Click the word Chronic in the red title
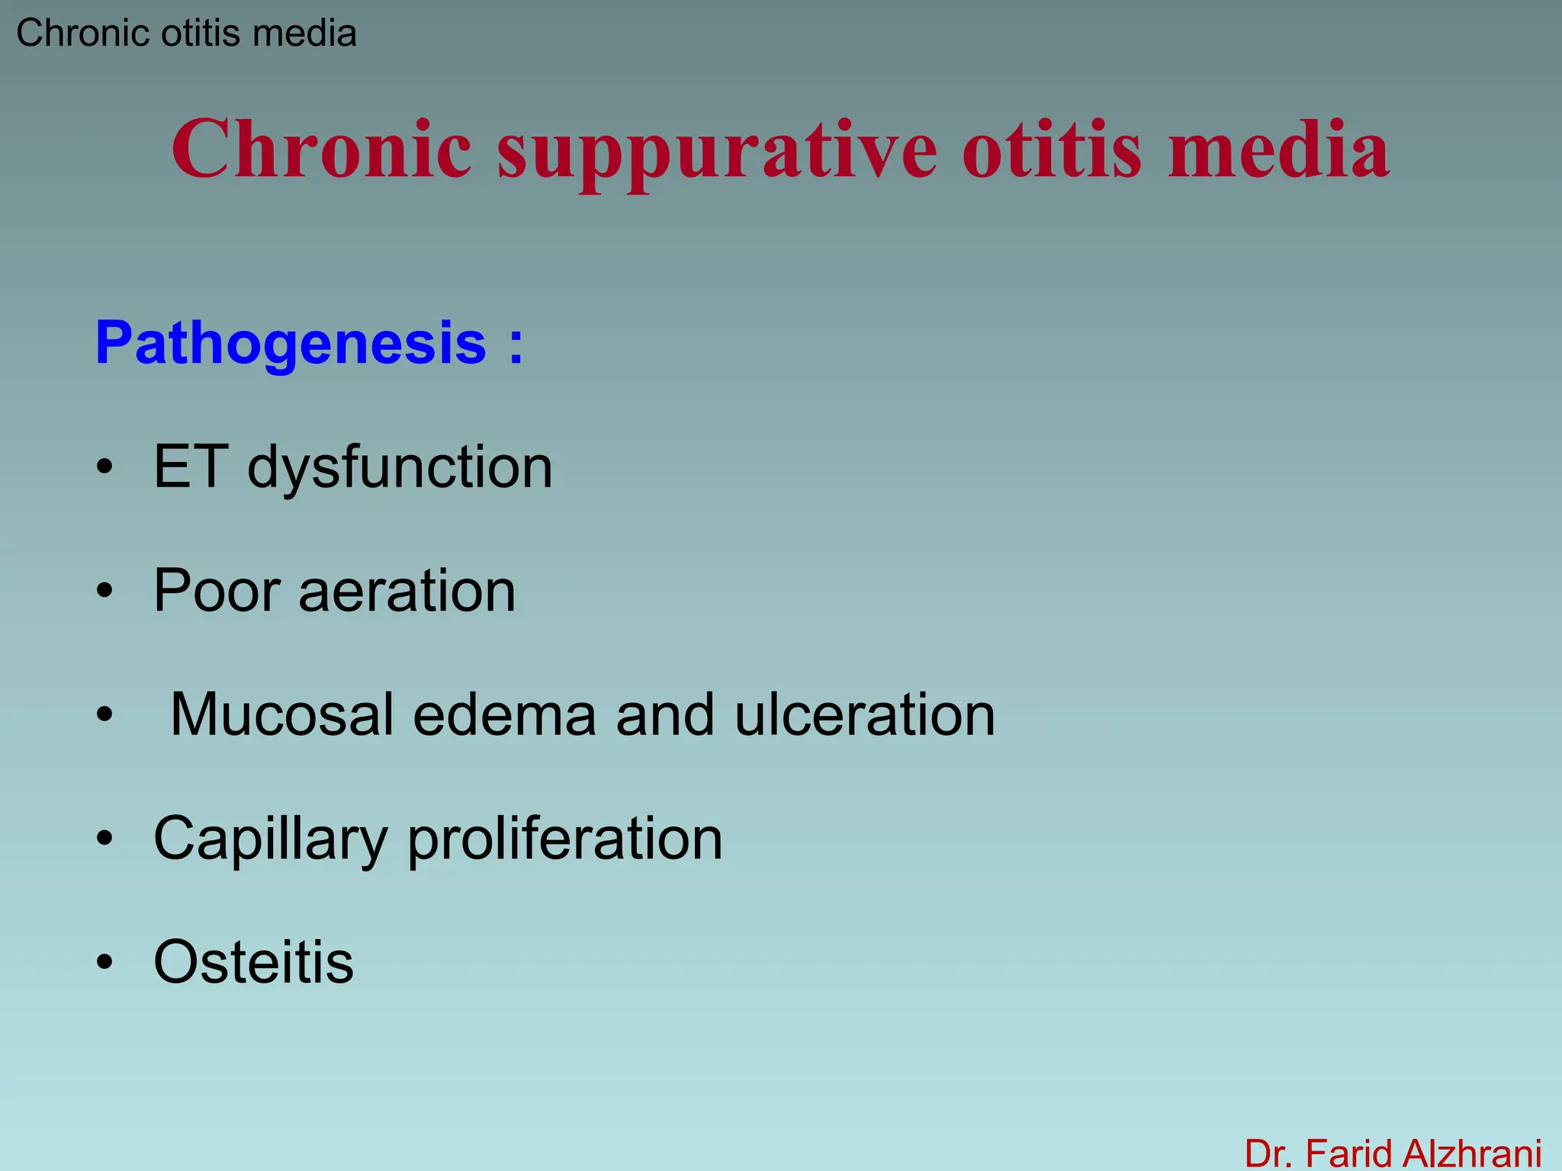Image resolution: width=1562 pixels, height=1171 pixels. (321, 149)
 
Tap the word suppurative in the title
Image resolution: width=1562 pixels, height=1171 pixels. (717, 152)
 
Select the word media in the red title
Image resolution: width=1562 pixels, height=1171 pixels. (1279, 149)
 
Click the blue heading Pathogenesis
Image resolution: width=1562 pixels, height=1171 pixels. (291, 344)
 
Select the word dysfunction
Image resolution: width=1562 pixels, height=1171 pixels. (400, 468)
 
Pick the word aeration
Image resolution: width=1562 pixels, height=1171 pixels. (407, 592)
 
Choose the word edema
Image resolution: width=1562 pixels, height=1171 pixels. (504, 714)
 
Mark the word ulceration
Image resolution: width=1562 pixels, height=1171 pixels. (865, 714)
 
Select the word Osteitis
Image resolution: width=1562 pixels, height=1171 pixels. (253, 962)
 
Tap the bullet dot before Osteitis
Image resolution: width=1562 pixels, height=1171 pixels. (104, 963)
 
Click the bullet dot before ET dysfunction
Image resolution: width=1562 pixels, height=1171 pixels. (104, 467)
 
